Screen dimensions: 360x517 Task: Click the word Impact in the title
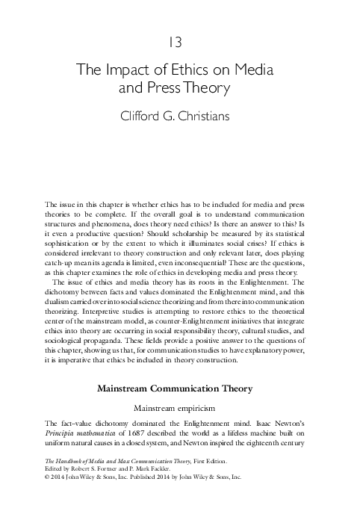tap(136, 71)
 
